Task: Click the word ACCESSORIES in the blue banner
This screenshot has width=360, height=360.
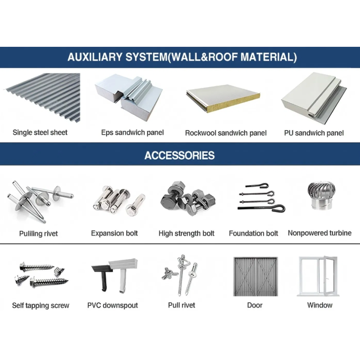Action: click(180, 155)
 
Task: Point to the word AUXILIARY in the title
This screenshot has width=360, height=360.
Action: click(95, 57)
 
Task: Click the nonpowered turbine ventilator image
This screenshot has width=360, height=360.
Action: click(320, 195)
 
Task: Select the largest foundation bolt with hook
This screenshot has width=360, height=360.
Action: click(262, 208)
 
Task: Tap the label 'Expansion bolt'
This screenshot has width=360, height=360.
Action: click(114, 233)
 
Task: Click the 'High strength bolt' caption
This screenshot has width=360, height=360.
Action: click(186, 234)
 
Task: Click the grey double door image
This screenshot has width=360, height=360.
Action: click(256, 276)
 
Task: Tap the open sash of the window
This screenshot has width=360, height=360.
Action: click(330, 275)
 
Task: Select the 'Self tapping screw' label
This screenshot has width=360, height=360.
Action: click(40, 306)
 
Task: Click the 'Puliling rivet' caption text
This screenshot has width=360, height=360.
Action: click(39, 234)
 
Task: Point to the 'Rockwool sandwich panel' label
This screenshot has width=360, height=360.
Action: click(226, 133)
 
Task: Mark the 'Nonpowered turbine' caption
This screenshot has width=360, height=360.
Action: click(319, 233)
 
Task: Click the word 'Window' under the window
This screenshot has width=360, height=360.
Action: click(320, 305)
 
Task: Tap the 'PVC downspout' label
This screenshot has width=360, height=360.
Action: click(112, 306)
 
